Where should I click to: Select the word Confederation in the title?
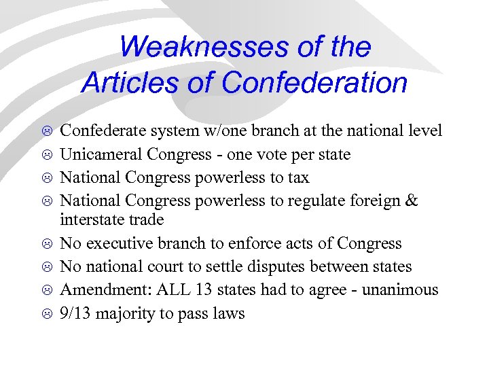[x=314, y=84]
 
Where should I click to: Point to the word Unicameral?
[x=96, y=154]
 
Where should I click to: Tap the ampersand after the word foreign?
[x=411, y=200]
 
